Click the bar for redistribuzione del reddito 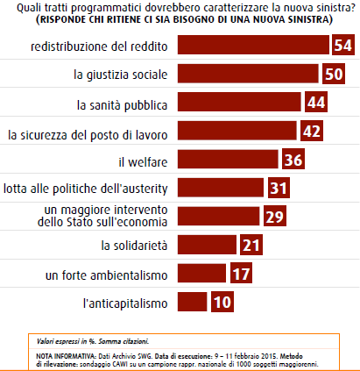coord(253,45)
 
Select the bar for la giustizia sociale coord(248,74)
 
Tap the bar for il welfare coord(228,159)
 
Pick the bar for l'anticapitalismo coord(193,302)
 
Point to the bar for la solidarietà coord(207,245)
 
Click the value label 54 coord(343,45)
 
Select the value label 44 coord(316,102)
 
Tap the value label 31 coord(279,188)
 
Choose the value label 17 coord(241,273)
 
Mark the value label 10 coord(222,302)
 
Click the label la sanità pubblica coord(122,105)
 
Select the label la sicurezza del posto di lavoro coord(88,135)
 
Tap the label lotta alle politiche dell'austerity coord(86,189)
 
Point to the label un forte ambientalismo coord(107,275)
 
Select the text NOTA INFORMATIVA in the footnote coord(66,356)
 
